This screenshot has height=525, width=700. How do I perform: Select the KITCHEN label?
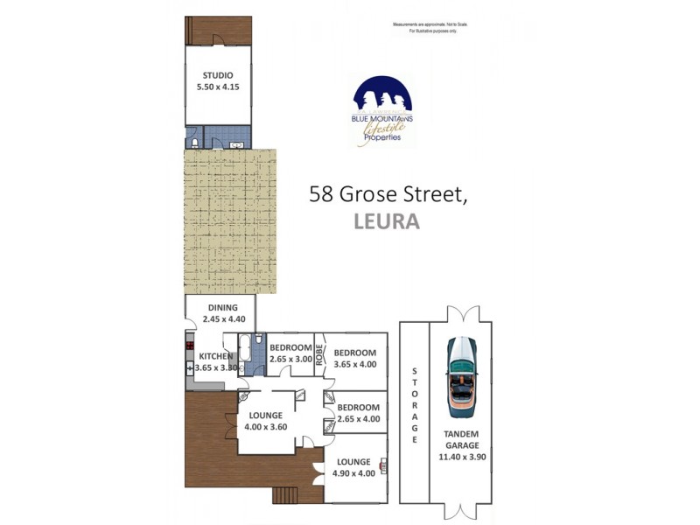tap(216, 356)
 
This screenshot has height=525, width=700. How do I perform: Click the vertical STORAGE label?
tap(414, 407)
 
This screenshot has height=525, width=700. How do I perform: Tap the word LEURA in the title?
tap(386, 221)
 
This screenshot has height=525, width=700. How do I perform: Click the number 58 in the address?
tap(320, 194)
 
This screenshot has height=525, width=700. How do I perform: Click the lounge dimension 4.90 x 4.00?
tap(354, 474)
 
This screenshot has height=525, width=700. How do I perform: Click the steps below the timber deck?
tap(286, 495)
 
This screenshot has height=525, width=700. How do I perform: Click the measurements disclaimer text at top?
tap(430, 27)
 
